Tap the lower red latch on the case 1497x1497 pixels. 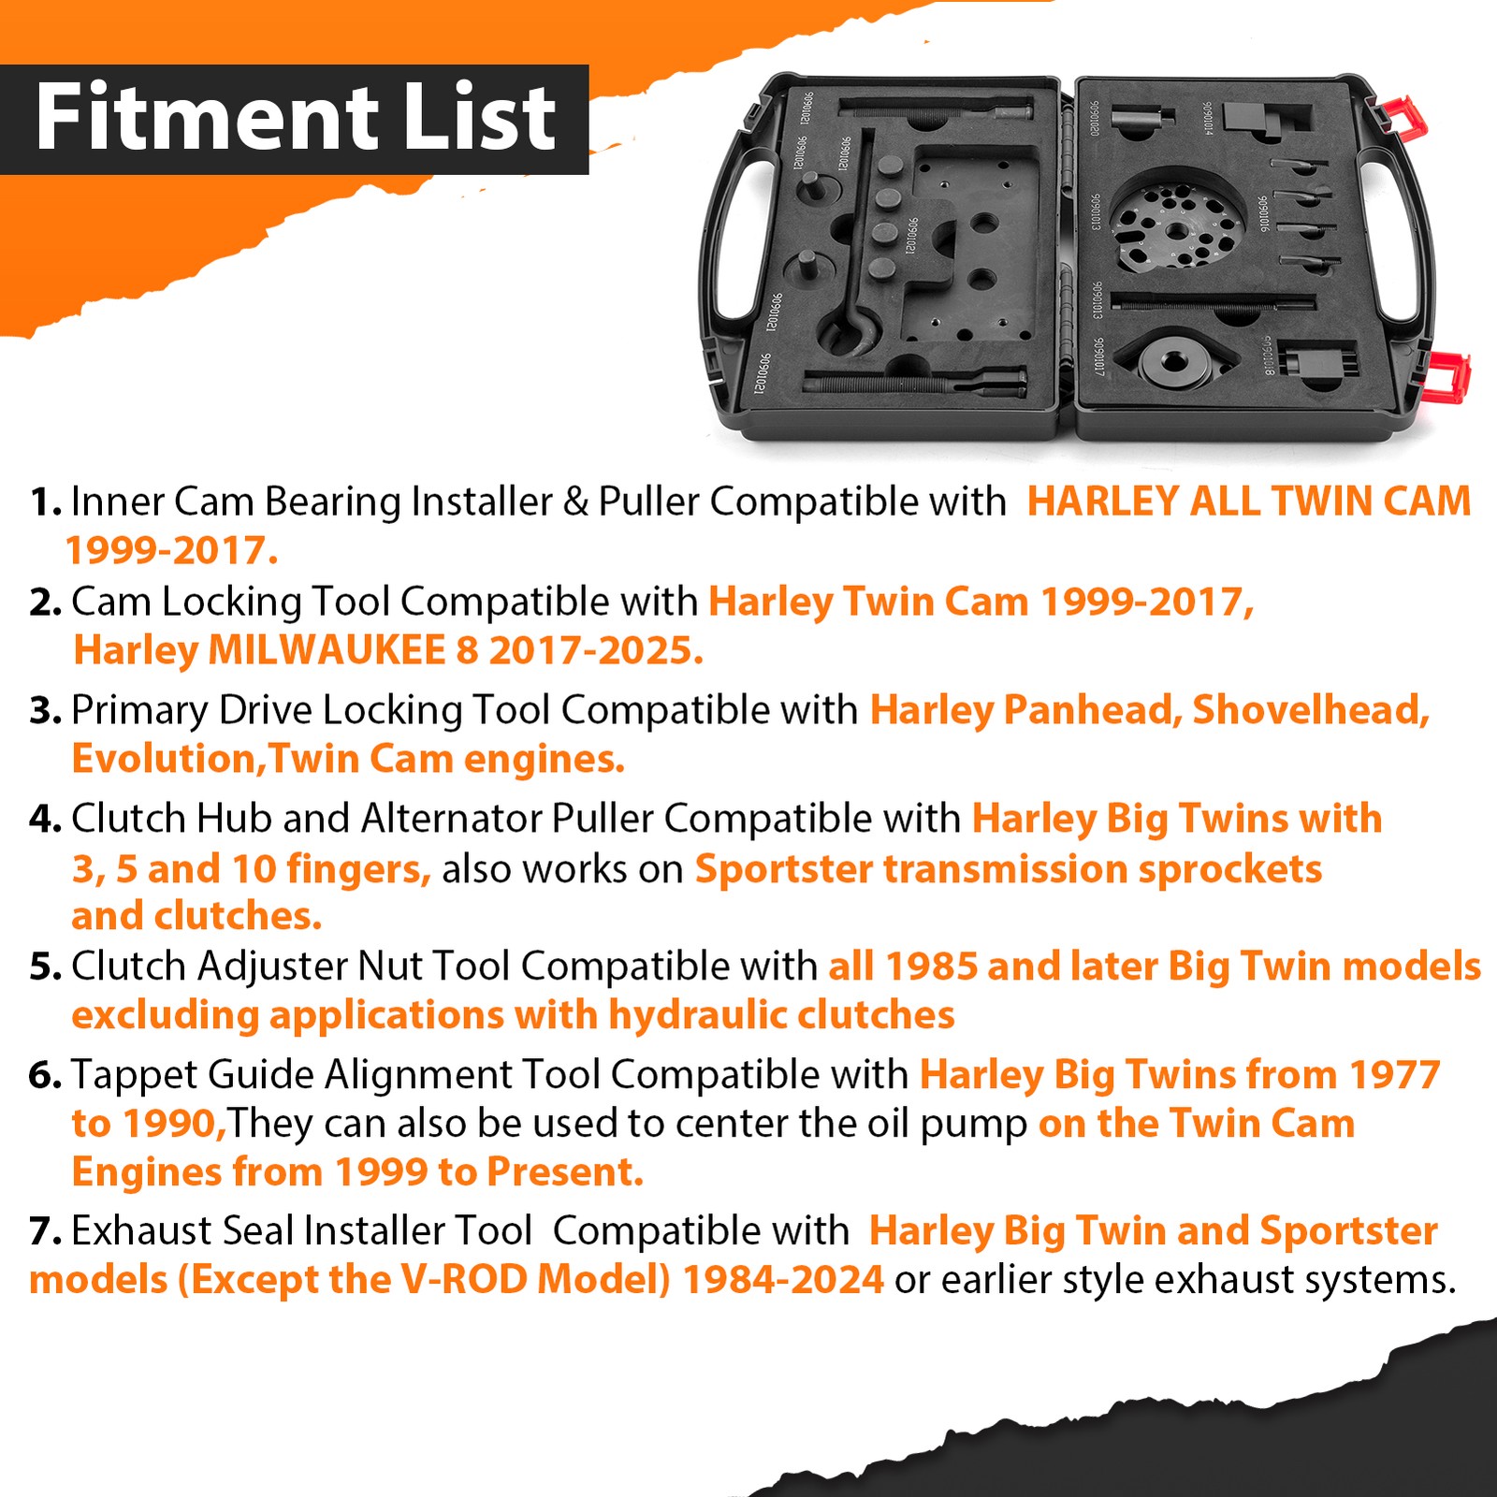tap(1446, 375)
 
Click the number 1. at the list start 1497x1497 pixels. tap(45, 502)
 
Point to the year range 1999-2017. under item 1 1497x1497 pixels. tap(171, 551)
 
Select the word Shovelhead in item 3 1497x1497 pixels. tap(1310, 710)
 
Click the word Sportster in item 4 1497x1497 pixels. tap(783, 869)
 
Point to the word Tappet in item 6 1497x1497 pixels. tap(133, 1075)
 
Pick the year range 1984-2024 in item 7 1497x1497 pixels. tap(782, 1280)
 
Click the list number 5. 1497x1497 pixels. tap(45, 967)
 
